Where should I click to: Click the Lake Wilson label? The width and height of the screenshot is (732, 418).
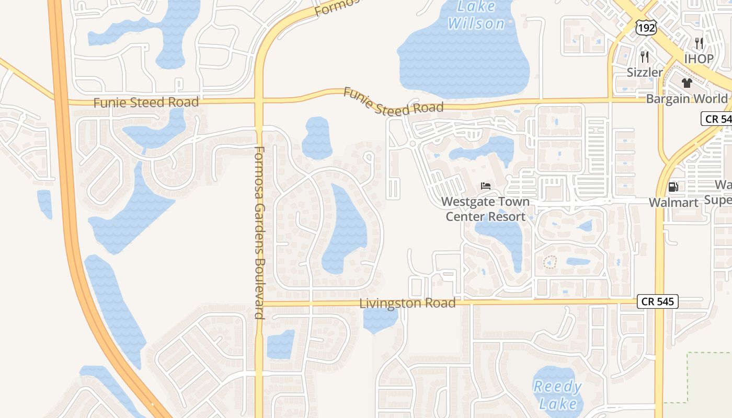[476, 15]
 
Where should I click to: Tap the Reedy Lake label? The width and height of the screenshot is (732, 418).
[557, 395]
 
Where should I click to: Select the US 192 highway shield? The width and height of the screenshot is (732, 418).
[646, 28]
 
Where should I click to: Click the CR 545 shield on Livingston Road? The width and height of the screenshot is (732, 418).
[657, 301]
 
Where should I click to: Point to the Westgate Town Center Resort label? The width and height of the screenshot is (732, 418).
[485, 209]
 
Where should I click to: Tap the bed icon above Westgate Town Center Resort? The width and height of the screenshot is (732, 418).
[486, 185]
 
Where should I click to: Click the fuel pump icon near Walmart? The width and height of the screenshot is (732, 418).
[673, 186]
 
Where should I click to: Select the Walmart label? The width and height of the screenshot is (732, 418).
[673, 203]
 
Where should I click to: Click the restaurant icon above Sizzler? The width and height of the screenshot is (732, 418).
[645, 56]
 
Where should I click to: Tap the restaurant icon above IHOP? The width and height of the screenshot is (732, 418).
[699, 43]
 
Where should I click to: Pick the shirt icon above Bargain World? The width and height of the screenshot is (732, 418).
[687, 83]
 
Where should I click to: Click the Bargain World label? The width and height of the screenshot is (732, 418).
[687, 99]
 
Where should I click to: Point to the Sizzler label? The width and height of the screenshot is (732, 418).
[645, 72]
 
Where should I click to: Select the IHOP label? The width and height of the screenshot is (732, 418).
[699, 59]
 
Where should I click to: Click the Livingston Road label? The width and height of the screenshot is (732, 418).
[408, 303]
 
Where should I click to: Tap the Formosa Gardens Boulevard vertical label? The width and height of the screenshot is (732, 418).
[259, 233]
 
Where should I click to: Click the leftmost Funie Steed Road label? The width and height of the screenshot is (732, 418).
[146, 102]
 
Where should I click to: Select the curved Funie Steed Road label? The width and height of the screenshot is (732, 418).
[393, 101]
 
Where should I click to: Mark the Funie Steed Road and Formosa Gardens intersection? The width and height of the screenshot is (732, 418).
[259, 102]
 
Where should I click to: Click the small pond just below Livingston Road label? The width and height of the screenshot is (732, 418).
[380, 320]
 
